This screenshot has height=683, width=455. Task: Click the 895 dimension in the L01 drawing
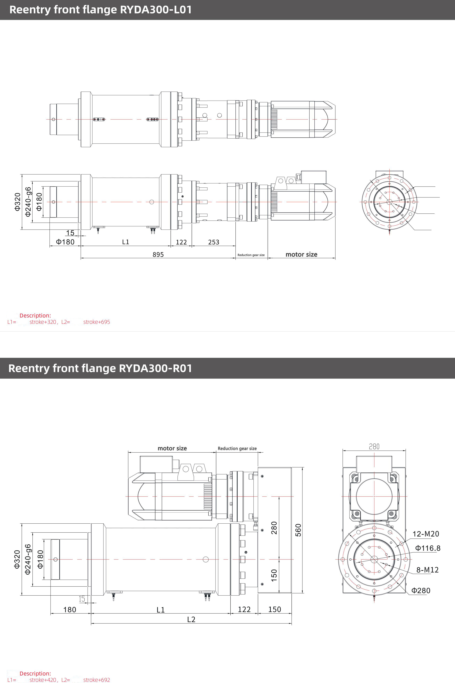point(158,254)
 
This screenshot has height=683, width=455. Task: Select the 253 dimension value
point(214,242)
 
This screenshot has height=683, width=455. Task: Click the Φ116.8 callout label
point(428,548)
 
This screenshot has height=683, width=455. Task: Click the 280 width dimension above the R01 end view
point(374,446)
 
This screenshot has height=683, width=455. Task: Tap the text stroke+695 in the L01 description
point(97,322)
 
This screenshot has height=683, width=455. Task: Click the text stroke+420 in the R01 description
point(43,680)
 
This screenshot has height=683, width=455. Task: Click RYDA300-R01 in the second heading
point(156,368)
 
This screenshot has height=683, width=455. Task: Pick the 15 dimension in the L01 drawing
point(70,233)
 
